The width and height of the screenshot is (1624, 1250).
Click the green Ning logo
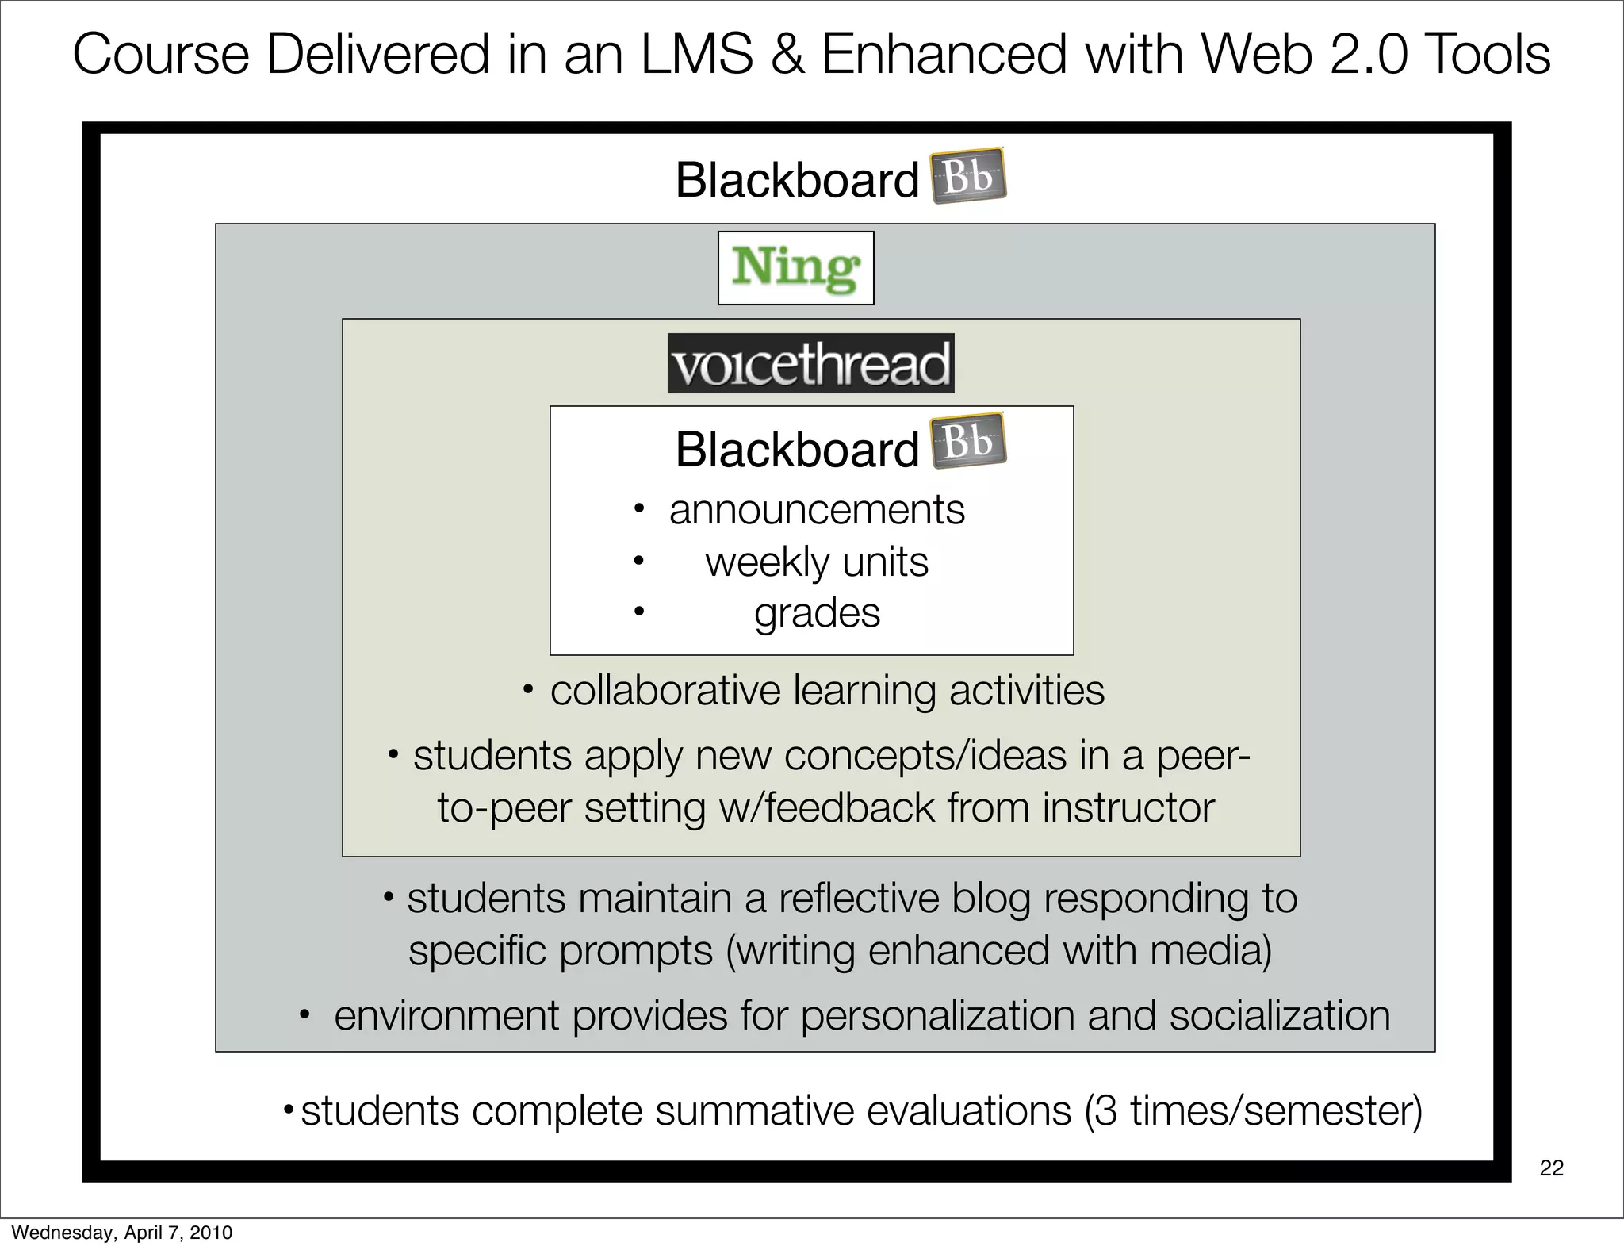[x=795, y=268]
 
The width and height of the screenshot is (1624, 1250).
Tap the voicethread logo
[x=810, y=364]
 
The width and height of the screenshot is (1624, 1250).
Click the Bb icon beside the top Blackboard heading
[x=967, y=176]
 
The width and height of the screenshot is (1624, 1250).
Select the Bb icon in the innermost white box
[x=967, y=441]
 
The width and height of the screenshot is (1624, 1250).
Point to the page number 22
[x=1551, y=1168]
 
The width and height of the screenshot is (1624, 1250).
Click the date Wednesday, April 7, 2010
[x=121, y=1232]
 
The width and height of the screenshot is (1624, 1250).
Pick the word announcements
[x=817, y=509]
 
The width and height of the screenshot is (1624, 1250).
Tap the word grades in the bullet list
[x=817, y=614]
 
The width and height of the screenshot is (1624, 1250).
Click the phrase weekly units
[x=817, y=562]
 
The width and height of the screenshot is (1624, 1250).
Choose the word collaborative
[x=665, y=690]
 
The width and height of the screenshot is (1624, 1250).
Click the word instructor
[x=1128, y=807]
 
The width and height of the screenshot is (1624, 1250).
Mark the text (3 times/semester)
[x=1253, y=1110]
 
